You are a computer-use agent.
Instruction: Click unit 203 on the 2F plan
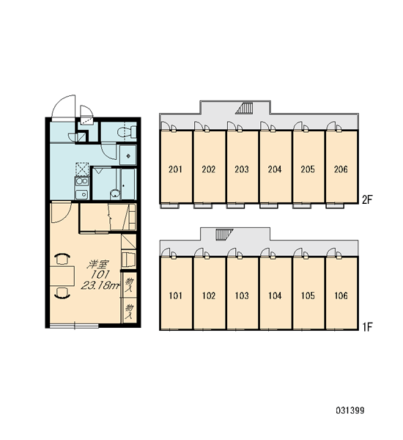(242, 166)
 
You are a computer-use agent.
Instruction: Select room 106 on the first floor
(341, 293)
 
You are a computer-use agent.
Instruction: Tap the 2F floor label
(366, 200)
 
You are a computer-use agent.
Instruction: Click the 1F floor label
(366, 326)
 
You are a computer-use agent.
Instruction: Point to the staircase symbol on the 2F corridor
(244, 109)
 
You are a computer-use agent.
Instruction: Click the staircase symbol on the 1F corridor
(224, 235)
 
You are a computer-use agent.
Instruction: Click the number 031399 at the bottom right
(350, 411)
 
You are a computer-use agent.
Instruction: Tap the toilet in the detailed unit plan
(127, 131)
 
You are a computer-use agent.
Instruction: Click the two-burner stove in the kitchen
(81, 181)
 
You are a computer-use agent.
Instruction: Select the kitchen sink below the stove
(81, 194)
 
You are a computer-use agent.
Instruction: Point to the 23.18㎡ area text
(99, 286)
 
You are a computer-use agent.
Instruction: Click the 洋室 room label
(97, 265)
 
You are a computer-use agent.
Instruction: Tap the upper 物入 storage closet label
(129, 285)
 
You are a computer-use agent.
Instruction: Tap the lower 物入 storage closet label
(129, 311)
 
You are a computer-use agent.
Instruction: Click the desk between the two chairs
(62, 276)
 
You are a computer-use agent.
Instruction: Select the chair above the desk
(62, 258)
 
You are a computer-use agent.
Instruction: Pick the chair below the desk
(62, 293)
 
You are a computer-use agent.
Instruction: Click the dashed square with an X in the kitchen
(82, 169)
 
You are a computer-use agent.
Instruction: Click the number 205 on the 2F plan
(308, 169)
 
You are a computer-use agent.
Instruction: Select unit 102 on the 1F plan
(209, 293)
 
